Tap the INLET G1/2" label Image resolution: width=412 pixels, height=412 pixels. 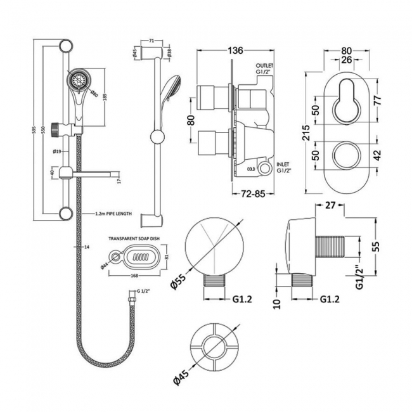(x=265, y=166)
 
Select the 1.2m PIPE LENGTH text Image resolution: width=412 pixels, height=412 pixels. (x=113, y=214)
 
